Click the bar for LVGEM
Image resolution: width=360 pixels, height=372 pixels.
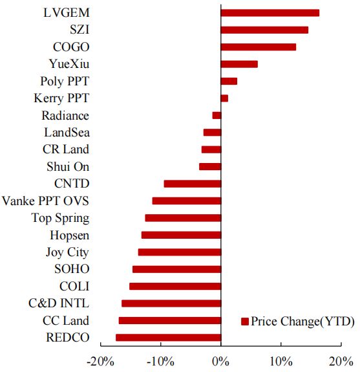pyautogui.click(x=270, y=13)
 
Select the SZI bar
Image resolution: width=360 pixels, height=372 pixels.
pyautogui.click(x=264, y=30)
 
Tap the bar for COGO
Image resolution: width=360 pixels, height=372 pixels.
pyautogui.click(x=259, y=47)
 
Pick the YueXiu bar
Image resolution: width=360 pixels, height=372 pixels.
pyautogui.click(x=239, y=64)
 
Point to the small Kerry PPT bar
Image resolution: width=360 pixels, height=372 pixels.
pyautogui.click(x=224, y=98)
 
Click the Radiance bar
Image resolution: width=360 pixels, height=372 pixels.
pyautogui.click(x=217, y=115)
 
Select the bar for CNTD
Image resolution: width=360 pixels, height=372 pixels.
pyautogui.click(x=193, y=184)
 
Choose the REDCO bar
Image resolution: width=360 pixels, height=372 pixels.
pyautogui.click(x=168, y=337)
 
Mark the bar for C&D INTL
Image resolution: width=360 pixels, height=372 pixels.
pyautogui.click(x=171, y=303)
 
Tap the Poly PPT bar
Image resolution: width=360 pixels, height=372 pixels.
pyautogui.click(x=229, y=81)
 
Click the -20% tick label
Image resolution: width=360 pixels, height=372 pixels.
pyautogui.click(x=100, y=362)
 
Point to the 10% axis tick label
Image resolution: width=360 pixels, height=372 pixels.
pyautogui.click(x=281, y=362)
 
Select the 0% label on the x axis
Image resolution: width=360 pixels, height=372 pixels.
pyautogui.click(x=220, y=362)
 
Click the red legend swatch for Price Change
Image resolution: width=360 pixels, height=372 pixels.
pyautogui.click(x=245, y=322)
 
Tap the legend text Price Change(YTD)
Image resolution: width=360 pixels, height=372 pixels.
pyautogui.click(x=302, y=322)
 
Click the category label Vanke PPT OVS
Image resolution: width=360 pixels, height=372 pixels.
pyautogui.click(x=45, y=201)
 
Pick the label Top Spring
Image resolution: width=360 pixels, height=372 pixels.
pyautogui.click(x=60, y=218)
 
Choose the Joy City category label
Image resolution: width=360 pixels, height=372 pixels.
pyautogui.click(x=67, y=252)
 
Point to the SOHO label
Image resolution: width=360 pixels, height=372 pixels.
pyautogui.click(x=72, y=269)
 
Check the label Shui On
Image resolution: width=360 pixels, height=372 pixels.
pyautogui.click(x=68, y=166)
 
